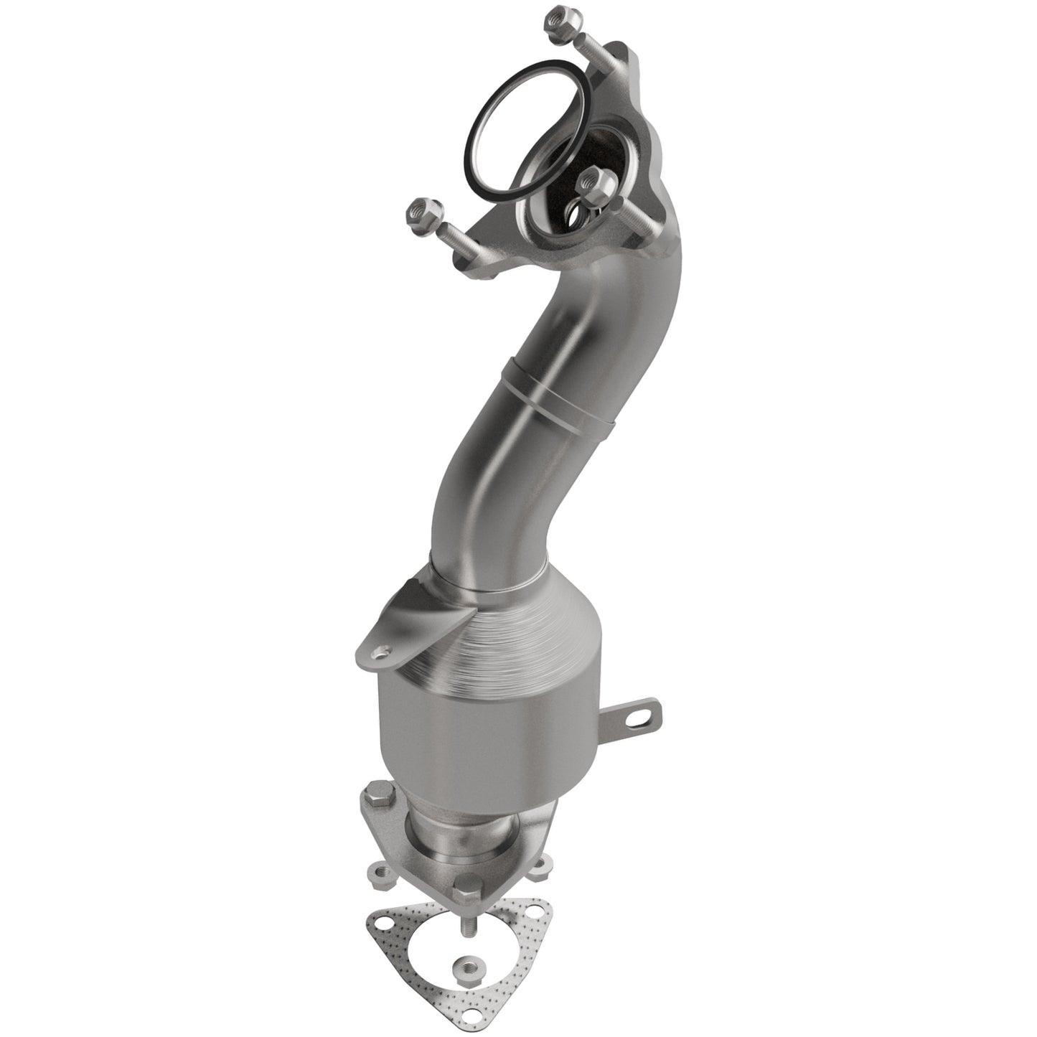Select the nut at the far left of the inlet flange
click(x=417, y=212)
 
